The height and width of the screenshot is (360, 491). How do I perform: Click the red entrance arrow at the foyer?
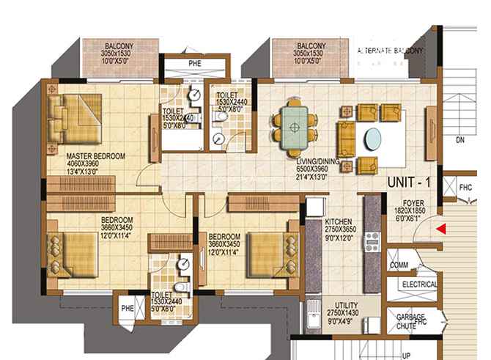(440, 229)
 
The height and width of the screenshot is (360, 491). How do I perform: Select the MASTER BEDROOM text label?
(95, 156)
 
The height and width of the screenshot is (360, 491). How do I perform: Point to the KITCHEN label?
(339, 221)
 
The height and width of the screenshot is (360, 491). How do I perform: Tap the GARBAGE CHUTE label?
(410, 322)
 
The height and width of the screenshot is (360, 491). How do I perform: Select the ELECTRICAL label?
(419, 284)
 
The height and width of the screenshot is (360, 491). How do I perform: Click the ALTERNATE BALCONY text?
(390, 51)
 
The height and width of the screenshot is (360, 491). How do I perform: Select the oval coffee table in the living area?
(373, 137)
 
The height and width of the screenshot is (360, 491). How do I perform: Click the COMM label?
(399, 264)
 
